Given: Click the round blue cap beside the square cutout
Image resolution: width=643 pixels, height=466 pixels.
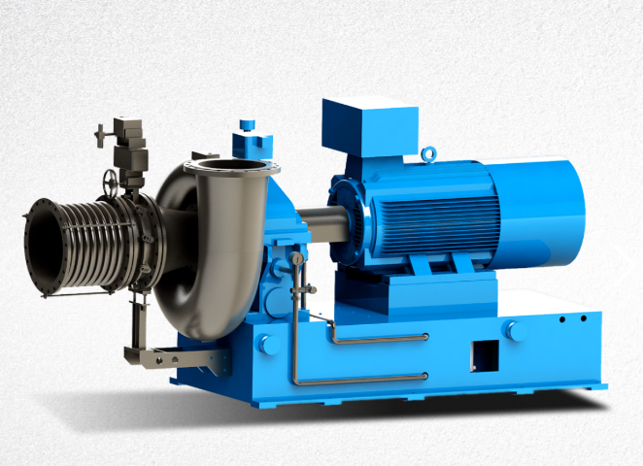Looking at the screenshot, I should [x=516, y=330].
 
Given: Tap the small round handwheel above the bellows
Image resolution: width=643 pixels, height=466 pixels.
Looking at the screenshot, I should [x=110, y=182].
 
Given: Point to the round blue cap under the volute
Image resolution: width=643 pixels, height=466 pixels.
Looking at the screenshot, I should [x=267, y=344].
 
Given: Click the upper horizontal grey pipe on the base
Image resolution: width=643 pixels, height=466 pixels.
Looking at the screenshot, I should [x=379, y=338].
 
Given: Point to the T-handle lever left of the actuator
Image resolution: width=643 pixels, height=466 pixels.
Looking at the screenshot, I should [x=100, y=130].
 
